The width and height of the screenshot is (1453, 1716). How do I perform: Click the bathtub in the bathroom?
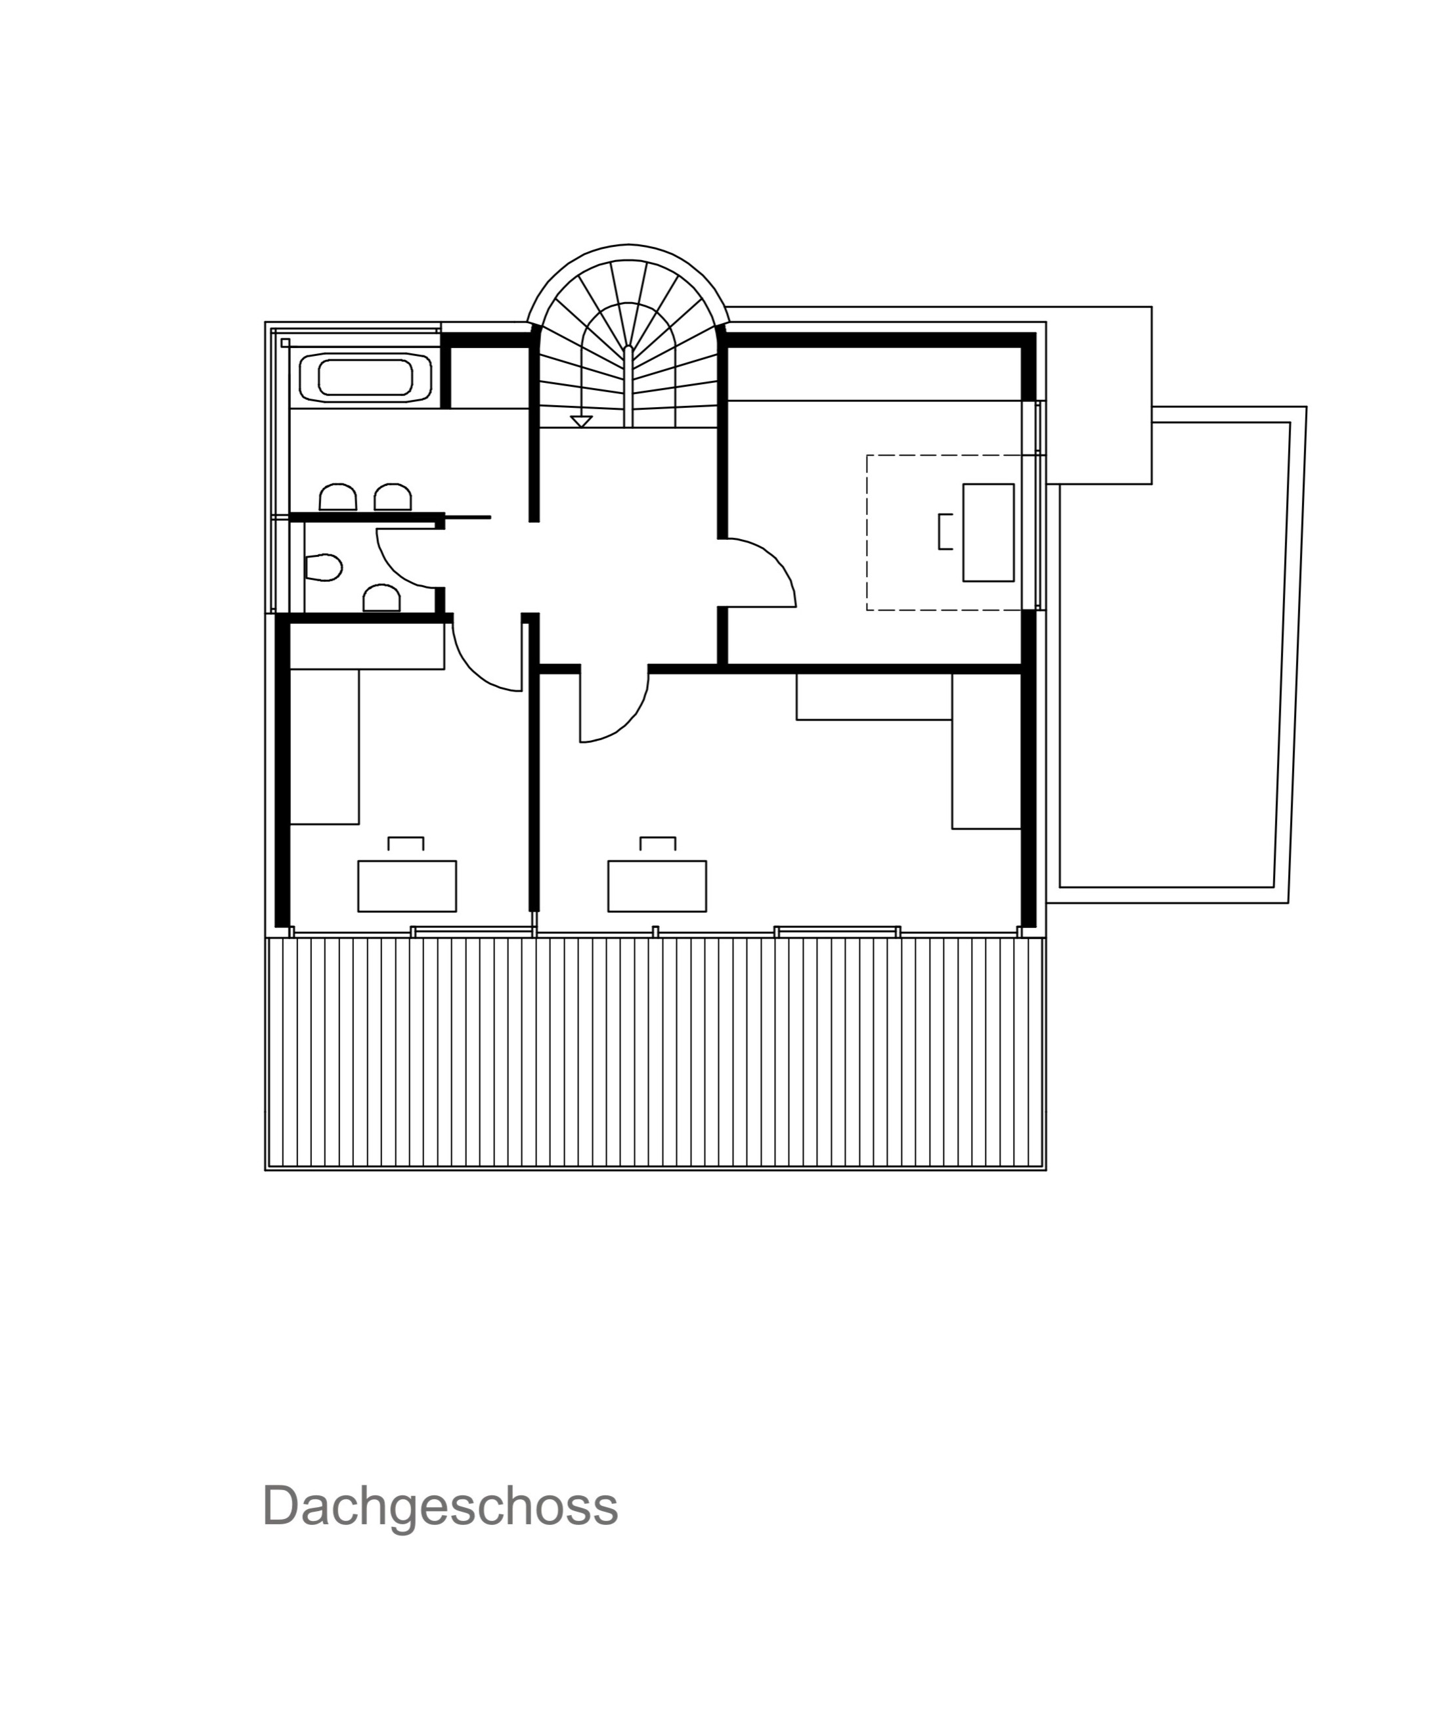click(x=366, y=378)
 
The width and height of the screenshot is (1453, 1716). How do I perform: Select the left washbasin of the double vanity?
click(x=337, y=496)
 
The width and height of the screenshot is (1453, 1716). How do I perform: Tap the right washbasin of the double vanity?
click(x=393, y=496)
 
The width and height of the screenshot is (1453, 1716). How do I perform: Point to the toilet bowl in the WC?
click(x=324, y=567)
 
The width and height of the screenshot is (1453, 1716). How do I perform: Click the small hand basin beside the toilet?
click(x=382, y=598)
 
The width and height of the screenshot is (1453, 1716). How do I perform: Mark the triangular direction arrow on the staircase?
click(x=582, y=421)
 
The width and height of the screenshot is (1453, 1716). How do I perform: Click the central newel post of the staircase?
click(x=628, y=385)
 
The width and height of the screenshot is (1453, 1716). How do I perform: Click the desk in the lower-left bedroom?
click(x=407, y=886)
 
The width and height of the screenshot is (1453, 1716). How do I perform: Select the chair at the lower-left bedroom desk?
click(x=406, y=843)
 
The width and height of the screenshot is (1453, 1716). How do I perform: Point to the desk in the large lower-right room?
click(x=657, y=886)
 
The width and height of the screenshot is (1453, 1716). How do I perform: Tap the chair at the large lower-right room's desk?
click(x=658, y=843)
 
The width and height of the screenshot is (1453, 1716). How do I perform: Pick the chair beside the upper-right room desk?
click(x=945, y=531)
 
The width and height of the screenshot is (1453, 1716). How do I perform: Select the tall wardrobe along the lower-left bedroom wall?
click(x=324, y=747)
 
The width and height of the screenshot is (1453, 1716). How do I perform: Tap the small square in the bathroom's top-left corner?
click(x=285, y=343)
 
